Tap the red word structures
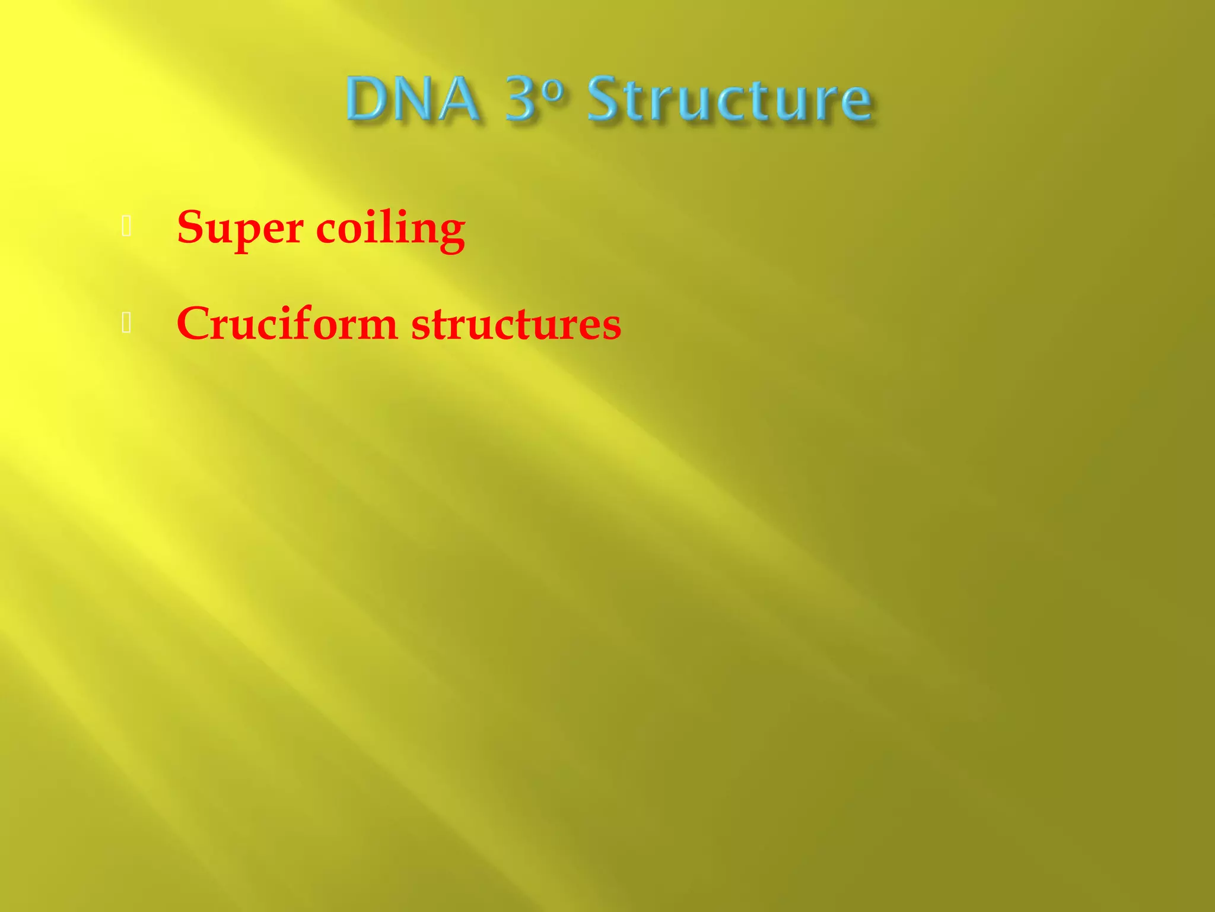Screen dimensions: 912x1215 pyautogui.click(x=516, y=325)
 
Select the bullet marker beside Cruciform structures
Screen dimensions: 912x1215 pyautogui.click(x=126, y=323)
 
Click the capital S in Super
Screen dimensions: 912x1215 pyautogui.click(x=190, y=227)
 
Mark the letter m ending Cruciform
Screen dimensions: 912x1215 pyautogui.click(x=376, y=328)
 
